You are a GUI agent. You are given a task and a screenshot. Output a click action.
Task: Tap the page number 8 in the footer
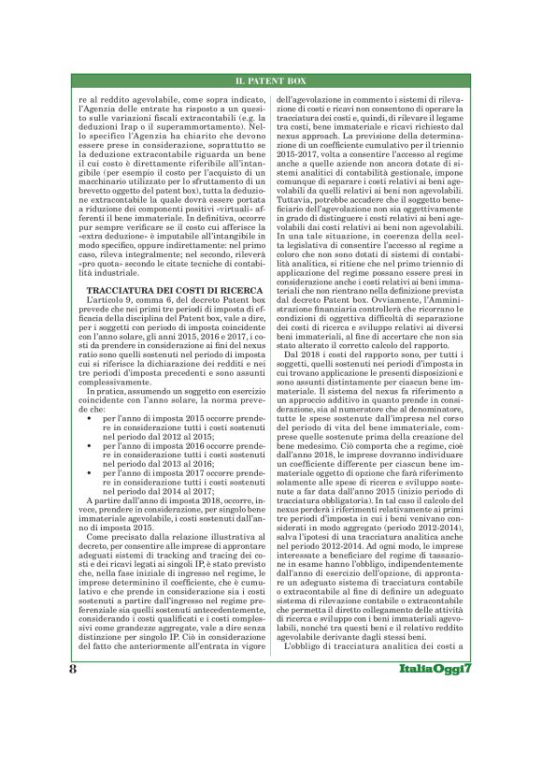pos(72,723)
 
